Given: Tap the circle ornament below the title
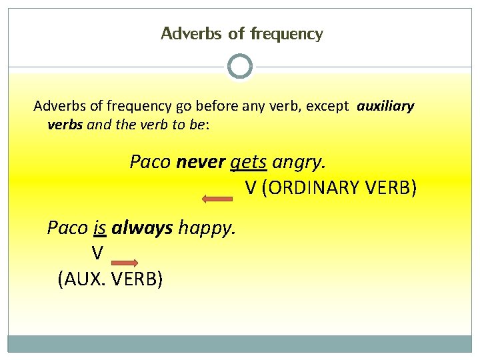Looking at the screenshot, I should pos(240,67).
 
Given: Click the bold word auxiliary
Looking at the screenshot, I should pos(385,106).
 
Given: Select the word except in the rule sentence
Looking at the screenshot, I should pos(327,106).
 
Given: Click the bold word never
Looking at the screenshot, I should pos(201,161).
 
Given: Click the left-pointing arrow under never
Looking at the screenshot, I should pos(217,198).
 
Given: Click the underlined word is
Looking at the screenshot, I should pos(100,228).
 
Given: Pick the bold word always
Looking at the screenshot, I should pos(142,228).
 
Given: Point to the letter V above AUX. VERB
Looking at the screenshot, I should pos(97,253).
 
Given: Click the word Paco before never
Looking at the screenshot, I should pos(151,161).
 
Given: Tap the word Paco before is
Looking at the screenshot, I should pos(67,228).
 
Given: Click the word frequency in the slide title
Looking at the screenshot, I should pos(287,33).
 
